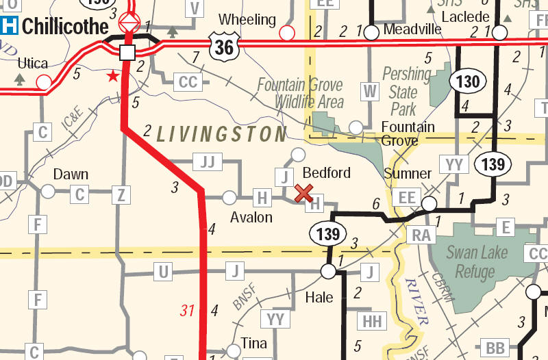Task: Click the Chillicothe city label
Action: click(65, 27)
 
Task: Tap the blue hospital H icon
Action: click(10, 27)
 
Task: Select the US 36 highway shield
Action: click(223, 47)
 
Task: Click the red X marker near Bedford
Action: click(303, 193)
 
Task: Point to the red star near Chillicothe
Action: click(112, 75)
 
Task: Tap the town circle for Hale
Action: click(328, 272)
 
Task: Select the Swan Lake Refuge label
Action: click(477, 261)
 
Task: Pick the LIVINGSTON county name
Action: click(221, 133)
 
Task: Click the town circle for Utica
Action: click(44, 83)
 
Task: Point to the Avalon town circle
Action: click(229, 198)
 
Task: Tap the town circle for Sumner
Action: click(429, 203)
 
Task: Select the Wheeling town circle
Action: click(287, 32)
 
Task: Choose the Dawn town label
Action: click(71, 175)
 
